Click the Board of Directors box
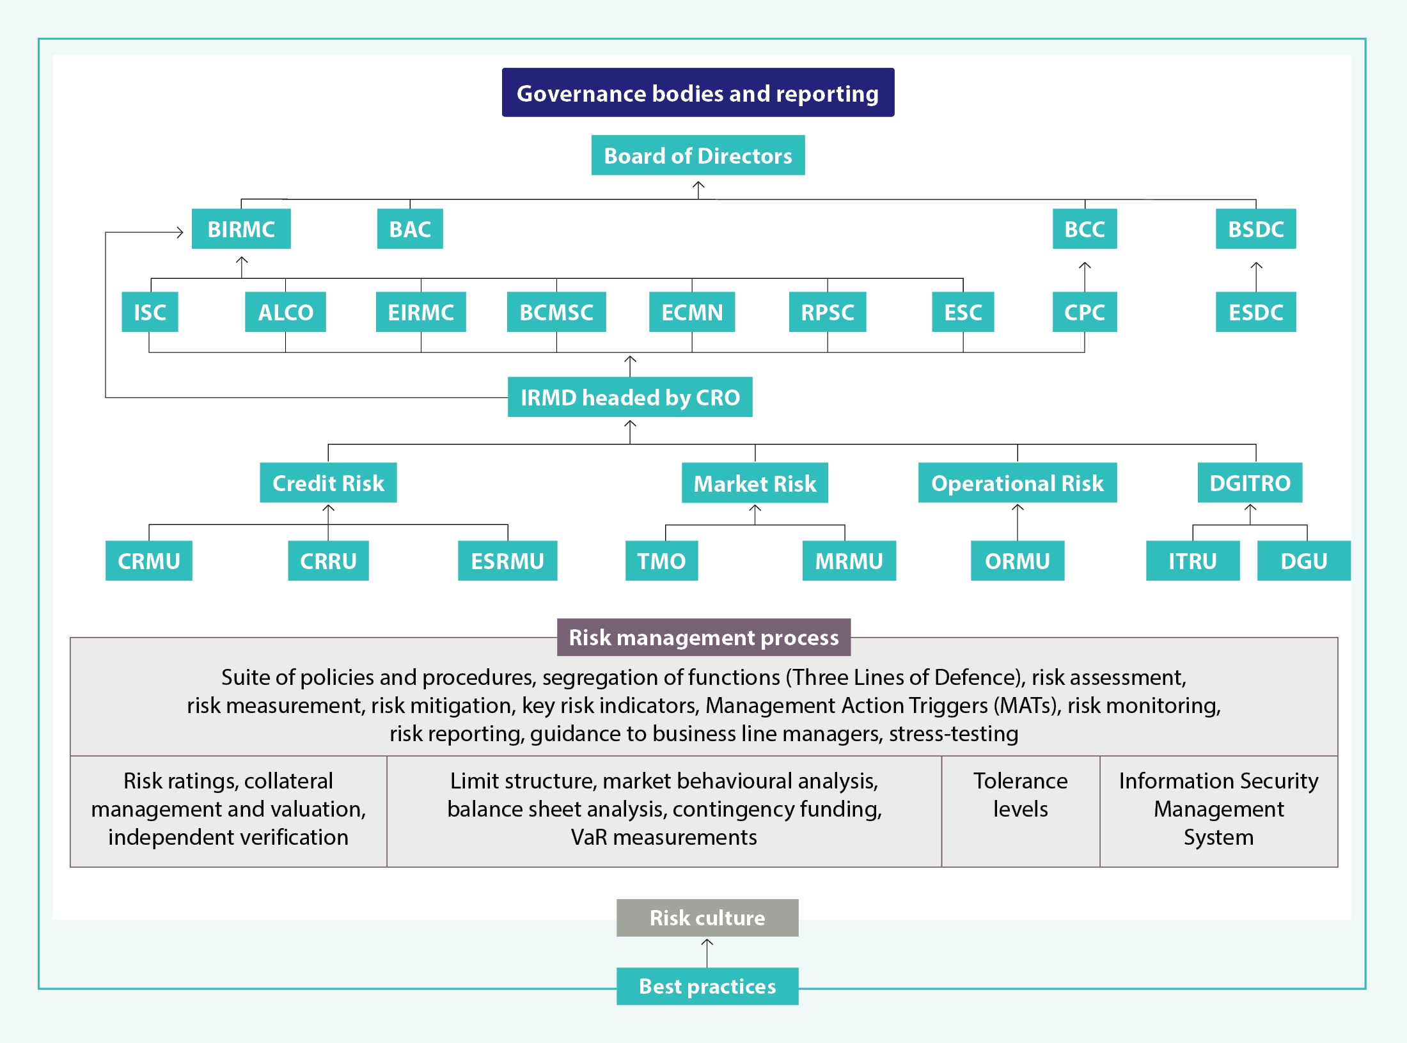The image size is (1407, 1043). [x=698, y=155]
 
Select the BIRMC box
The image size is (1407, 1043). [x=241, y=229]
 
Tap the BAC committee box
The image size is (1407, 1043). [x=410, y=229]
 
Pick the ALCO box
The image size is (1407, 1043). [x=285, y=312]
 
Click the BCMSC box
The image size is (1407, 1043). [x=556, y=312]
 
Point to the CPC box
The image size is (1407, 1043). [x=1085, y=312]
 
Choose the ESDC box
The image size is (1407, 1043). [x=1255, y=312]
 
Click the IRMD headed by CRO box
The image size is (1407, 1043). [x=630, y=397]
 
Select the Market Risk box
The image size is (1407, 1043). [x=755, y=483]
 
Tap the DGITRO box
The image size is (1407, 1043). [x=1250, y=483]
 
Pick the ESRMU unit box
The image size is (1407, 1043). [x=507, y=561]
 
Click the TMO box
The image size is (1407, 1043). [x=661, y=561]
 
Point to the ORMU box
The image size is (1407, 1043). [x=1017, y=561]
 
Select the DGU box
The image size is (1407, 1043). [x=1303, y=561]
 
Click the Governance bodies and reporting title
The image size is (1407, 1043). [x=698, y=93]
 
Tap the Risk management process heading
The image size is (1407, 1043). [x=703, y=638]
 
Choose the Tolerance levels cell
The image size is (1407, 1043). [x=1020, y=796]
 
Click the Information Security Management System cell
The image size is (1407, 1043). [x=1218, y=809]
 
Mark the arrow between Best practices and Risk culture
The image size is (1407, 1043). [x=707, y=952]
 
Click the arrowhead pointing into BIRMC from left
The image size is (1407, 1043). [x=180, y=232]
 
